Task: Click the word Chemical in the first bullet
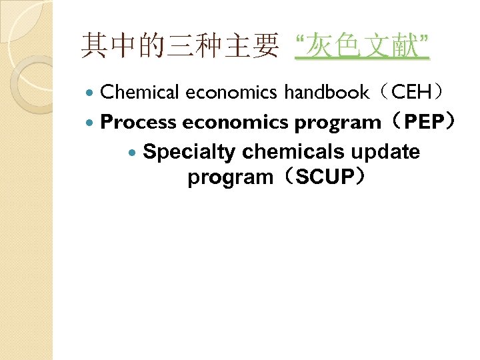140,92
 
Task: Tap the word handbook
327,92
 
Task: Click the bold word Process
139,123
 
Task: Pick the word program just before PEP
337,123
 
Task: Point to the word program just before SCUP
230,178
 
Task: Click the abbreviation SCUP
321,178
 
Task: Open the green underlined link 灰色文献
363,47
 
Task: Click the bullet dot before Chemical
92,93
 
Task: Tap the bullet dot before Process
92,123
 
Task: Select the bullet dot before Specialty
135,153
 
